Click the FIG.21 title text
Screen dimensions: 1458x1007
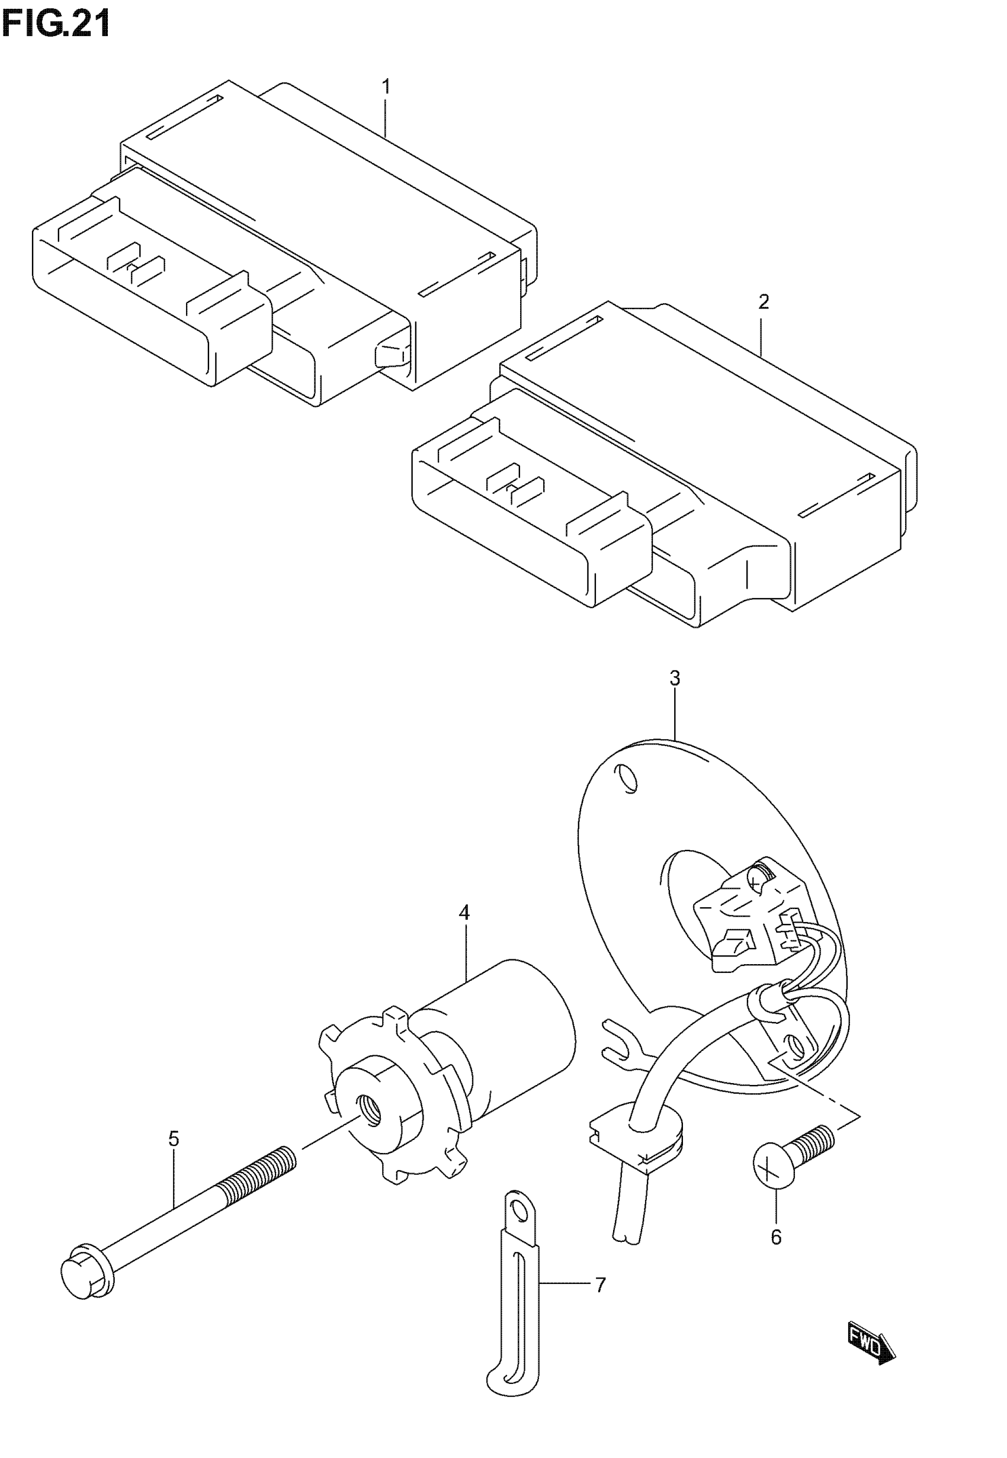click(x=57, y=25)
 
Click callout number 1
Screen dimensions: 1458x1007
click(x=386, y=87)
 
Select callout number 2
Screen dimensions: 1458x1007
click(x=764, y=302)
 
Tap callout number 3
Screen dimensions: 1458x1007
click(x=675, y=679)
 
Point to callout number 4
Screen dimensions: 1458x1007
click(x=464, y=913)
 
